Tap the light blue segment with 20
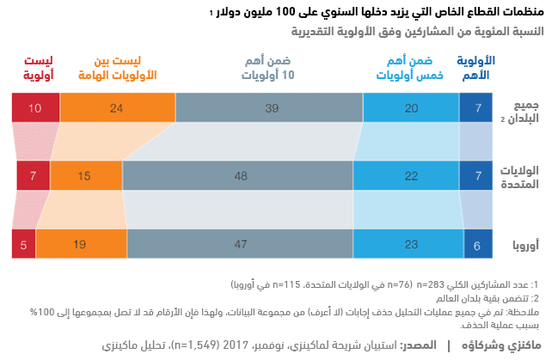(x=412, y=108)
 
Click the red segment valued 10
(x=34, y=108)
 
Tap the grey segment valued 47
(x=240, y=245)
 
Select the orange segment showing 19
(x=78, y=245)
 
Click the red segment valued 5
(x=23, y=245)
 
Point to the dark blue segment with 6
(x=478, y=245)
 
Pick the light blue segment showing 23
(x=409, y=245)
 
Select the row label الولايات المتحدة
(x=518, y=176)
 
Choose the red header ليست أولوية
(x=37, y=67)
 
